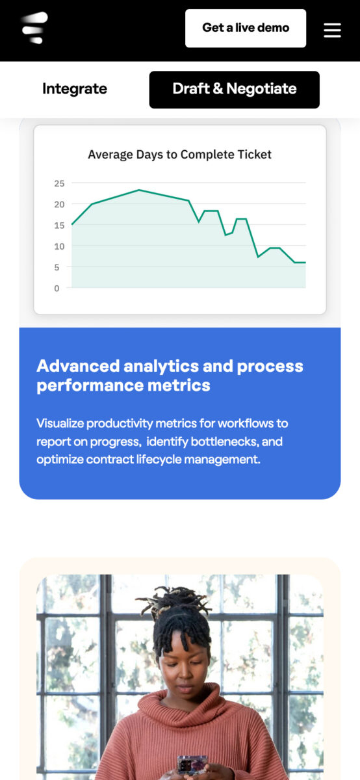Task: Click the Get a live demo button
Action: [x=246, y=28]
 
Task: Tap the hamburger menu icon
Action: [x=332, y=30]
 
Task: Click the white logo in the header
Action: [x=34, y=27]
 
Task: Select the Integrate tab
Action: [x=75, y=89]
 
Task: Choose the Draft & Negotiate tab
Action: [x=235, y=90]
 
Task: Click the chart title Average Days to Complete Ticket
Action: [x=179, y=154]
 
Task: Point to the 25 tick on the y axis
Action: [x=59, y=183]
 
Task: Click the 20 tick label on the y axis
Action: [x=59, y=204]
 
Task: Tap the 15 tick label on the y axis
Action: [x=59, y=226]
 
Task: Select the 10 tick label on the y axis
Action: [x=59, y=246]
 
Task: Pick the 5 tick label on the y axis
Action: [x=57, y=267]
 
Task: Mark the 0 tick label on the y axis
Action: [x=57, y=289]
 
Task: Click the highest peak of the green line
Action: [x=139, y=190]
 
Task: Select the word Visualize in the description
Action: [x=60, y=423]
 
